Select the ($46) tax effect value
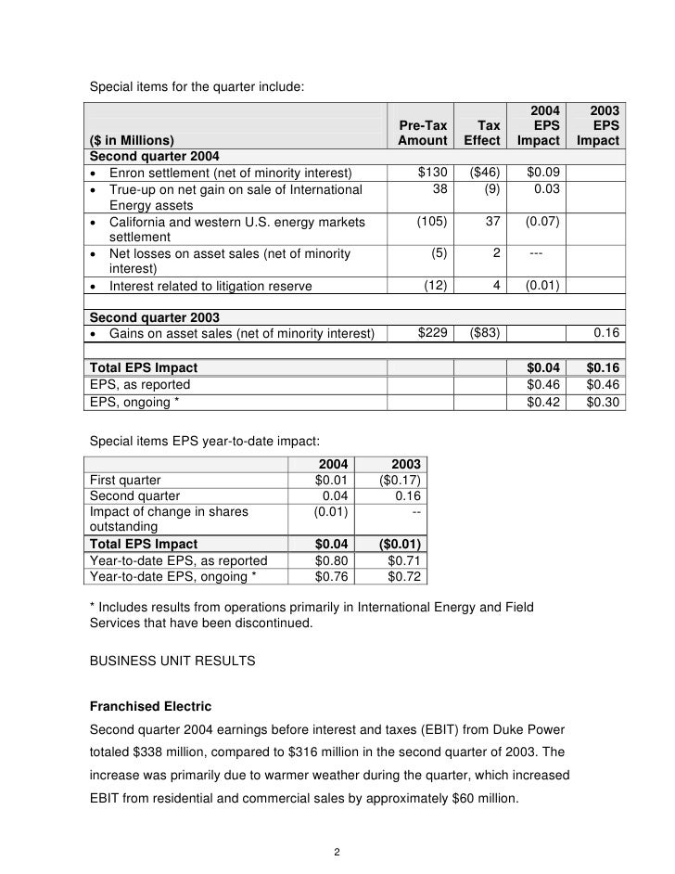[482, 172]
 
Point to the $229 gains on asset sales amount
[432, 333]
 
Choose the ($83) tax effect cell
[482, 333]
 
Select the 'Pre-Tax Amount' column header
[422, 132]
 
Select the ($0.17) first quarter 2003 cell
[401, 480]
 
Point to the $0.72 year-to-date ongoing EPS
[404, 577]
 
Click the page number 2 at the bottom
[337, 853]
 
